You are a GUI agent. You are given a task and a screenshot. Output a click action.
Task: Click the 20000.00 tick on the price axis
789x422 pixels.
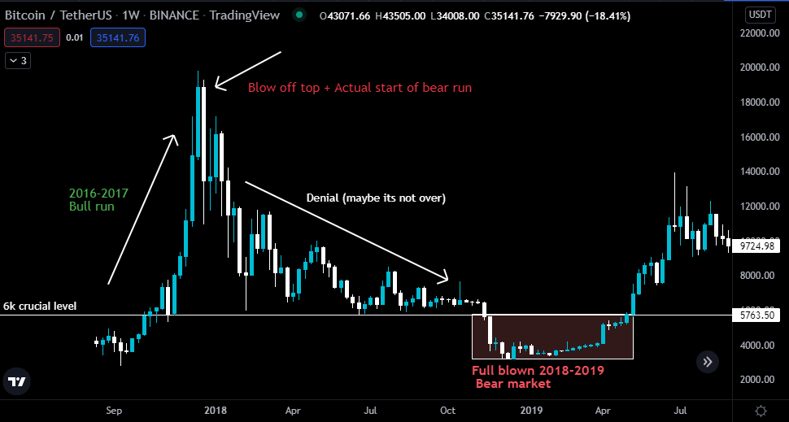click(759, 68)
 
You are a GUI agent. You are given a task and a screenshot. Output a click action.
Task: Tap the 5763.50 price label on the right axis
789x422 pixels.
click(759, 314)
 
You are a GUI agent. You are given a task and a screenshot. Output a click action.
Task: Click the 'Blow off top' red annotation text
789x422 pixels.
click(360, 88)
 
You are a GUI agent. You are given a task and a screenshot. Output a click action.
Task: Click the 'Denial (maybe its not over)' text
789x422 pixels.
click(376, 198)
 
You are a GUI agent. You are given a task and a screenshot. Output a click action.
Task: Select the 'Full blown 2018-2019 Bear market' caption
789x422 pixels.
click(538, 376)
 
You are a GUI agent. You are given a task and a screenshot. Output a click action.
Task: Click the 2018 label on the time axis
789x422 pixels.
click(216, 411)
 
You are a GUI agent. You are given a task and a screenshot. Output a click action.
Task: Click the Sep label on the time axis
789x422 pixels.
click(114, 411)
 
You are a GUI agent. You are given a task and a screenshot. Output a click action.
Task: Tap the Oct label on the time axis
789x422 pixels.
click(447, 411)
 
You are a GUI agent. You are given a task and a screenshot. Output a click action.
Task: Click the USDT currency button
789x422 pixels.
click(760, 15)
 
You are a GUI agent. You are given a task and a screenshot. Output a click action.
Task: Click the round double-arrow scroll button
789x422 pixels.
click(708, 363)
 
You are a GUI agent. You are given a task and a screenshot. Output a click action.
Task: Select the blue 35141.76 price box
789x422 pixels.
click(117, 37)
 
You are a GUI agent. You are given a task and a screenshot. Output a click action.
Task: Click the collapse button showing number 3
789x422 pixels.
click(18, 60)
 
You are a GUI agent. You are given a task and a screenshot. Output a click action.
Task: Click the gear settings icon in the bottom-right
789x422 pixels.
click(760, 411)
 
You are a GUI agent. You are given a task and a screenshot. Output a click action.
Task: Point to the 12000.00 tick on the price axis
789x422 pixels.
click(759, 207)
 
